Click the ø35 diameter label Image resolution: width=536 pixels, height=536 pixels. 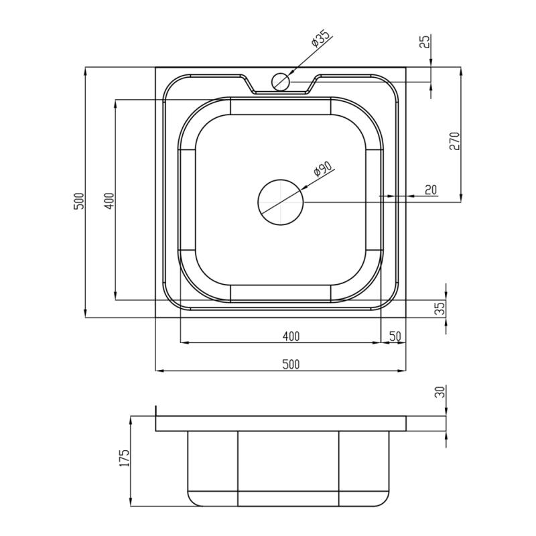320,38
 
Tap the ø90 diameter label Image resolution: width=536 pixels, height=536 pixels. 322,168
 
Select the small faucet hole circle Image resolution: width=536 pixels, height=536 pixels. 281,82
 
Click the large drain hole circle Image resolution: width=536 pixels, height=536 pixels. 281,202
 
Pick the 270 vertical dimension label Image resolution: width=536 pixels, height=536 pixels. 455,141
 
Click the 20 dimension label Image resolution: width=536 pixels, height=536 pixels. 431,190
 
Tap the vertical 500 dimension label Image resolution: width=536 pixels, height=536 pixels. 79,201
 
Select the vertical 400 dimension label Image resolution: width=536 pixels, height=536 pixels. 109,201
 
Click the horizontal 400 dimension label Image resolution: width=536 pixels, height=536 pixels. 291,336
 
